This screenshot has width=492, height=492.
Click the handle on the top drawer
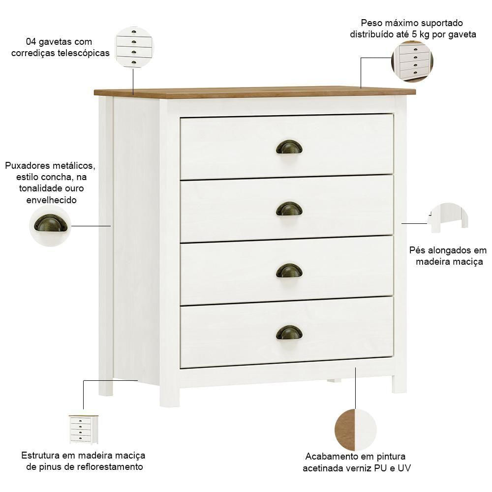pos(289,147)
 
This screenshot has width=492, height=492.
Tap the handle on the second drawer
pos(289,209)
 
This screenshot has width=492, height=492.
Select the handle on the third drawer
pos(289,271)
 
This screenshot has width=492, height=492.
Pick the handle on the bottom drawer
pos(289,332)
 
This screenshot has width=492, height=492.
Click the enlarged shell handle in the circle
pos(51,223)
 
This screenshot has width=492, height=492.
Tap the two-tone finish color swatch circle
pos(355,430)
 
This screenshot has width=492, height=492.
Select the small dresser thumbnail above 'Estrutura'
pos(84,430)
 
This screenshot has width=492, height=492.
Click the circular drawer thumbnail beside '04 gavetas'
pos(134,47)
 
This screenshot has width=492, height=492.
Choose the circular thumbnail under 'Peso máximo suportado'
pos(412,61)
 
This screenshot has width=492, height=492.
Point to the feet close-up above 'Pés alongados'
pos(448,218)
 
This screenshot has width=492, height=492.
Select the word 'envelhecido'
pos(52,200)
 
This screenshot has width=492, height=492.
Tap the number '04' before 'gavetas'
pos(31,42)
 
